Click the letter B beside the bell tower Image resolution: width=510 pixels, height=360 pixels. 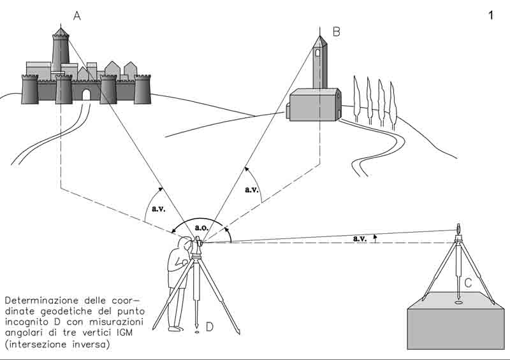click(x=336, y=31)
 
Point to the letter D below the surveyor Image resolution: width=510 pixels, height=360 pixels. click(x=209, y=327)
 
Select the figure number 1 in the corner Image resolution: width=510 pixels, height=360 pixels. click(x=491, y=16)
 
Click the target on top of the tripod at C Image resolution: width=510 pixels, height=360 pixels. click(x=458, y=229)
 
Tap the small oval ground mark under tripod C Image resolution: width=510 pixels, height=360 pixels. click(x=458, y=303)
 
